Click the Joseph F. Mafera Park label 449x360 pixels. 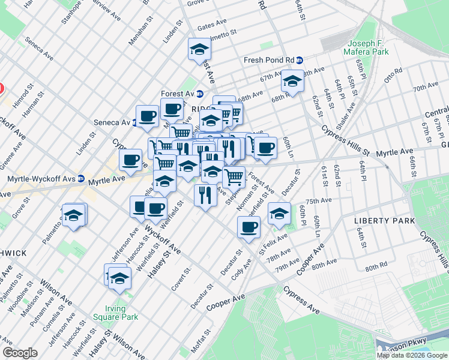[368, 47]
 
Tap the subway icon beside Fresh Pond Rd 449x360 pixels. [299, 61]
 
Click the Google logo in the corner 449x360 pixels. [20, 353]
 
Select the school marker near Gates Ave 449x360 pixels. [199, 50]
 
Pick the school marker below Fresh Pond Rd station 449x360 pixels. [292, 82]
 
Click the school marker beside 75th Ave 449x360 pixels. [279, 213]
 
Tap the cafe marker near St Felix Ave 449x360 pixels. [249, 227]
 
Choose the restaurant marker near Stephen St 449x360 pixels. [205, 194]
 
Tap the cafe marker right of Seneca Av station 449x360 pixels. [147, 116]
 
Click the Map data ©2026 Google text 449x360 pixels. [411, 355]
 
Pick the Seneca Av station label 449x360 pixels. [112, 122]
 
